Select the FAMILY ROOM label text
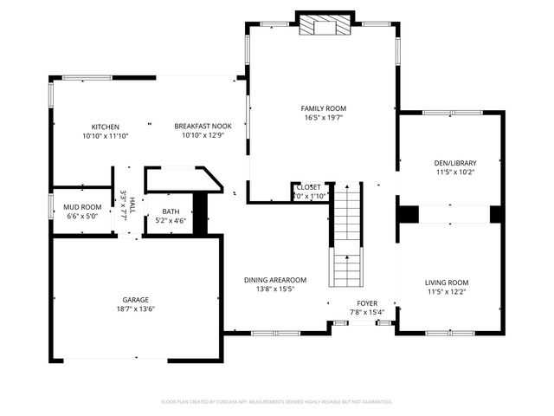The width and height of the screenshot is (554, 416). (323, 108)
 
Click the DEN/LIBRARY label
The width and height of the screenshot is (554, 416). (454, 162)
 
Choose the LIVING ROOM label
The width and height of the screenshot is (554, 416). (447, 283)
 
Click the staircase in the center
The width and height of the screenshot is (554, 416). (347, 234)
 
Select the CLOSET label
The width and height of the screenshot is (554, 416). (308, 187)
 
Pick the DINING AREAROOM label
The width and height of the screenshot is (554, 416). (275, 280)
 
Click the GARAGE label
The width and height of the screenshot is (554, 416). (136, 300)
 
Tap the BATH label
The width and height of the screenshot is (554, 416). (171, 211)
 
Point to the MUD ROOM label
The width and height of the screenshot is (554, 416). (82, 207)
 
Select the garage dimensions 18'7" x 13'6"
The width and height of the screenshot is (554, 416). (136, 309)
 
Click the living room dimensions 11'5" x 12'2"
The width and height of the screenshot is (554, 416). (447, 291)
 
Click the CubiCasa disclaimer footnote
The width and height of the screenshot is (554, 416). (277, 401)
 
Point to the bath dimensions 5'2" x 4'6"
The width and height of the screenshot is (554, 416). (171, 220)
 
